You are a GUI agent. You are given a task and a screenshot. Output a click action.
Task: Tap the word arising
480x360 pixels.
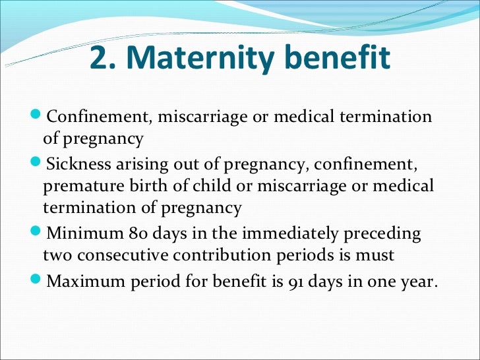tap(136, 164)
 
